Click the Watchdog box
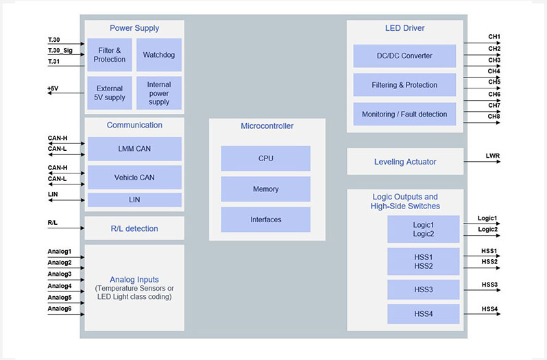point(159,55)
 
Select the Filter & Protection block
point(110,55)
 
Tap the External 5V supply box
point(110,93)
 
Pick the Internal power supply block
point(159,93)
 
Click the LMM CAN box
point(134,149)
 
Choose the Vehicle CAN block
point(134,178)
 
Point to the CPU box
point(265,158)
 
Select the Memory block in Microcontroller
point(265,189)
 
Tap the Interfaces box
point(265,219)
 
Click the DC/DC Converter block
point(404,56)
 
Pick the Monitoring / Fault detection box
point(404,115)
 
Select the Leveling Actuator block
point(405,162)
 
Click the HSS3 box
point(424,290)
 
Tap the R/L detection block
point(134,228)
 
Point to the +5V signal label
point(53,88)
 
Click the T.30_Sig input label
point(60,50)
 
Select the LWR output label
point(492,156)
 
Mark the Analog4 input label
point(60,286)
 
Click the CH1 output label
point(494,37)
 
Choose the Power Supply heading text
point(134,28)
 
